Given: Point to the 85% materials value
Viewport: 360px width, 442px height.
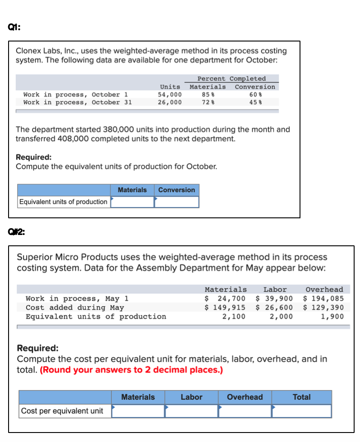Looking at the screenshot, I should tap(207, 95).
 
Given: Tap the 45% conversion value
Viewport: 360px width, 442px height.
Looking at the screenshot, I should tap(255, 102).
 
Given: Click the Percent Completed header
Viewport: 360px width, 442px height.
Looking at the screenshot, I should tap(231, 78).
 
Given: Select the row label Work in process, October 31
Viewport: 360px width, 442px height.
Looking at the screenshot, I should tap(77, 102).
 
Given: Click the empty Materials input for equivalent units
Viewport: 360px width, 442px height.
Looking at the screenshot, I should tap(133, 202).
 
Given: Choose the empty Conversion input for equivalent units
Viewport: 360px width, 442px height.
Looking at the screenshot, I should tap(176, 202).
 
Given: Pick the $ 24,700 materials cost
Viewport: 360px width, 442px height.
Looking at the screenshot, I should tap(225, 298).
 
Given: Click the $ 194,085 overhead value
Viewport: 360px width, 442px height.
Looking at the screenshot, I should tap(324, 298).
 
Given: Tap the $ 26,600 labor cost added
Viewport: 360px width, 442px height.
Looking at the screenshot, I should tap(274, 307).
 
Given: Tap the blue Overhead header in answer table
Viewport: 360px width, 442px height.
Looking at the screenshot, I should tap(245, 397).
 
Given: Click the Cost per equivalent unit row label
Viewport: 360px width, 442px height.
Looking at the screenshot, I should tap(62, 411).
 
